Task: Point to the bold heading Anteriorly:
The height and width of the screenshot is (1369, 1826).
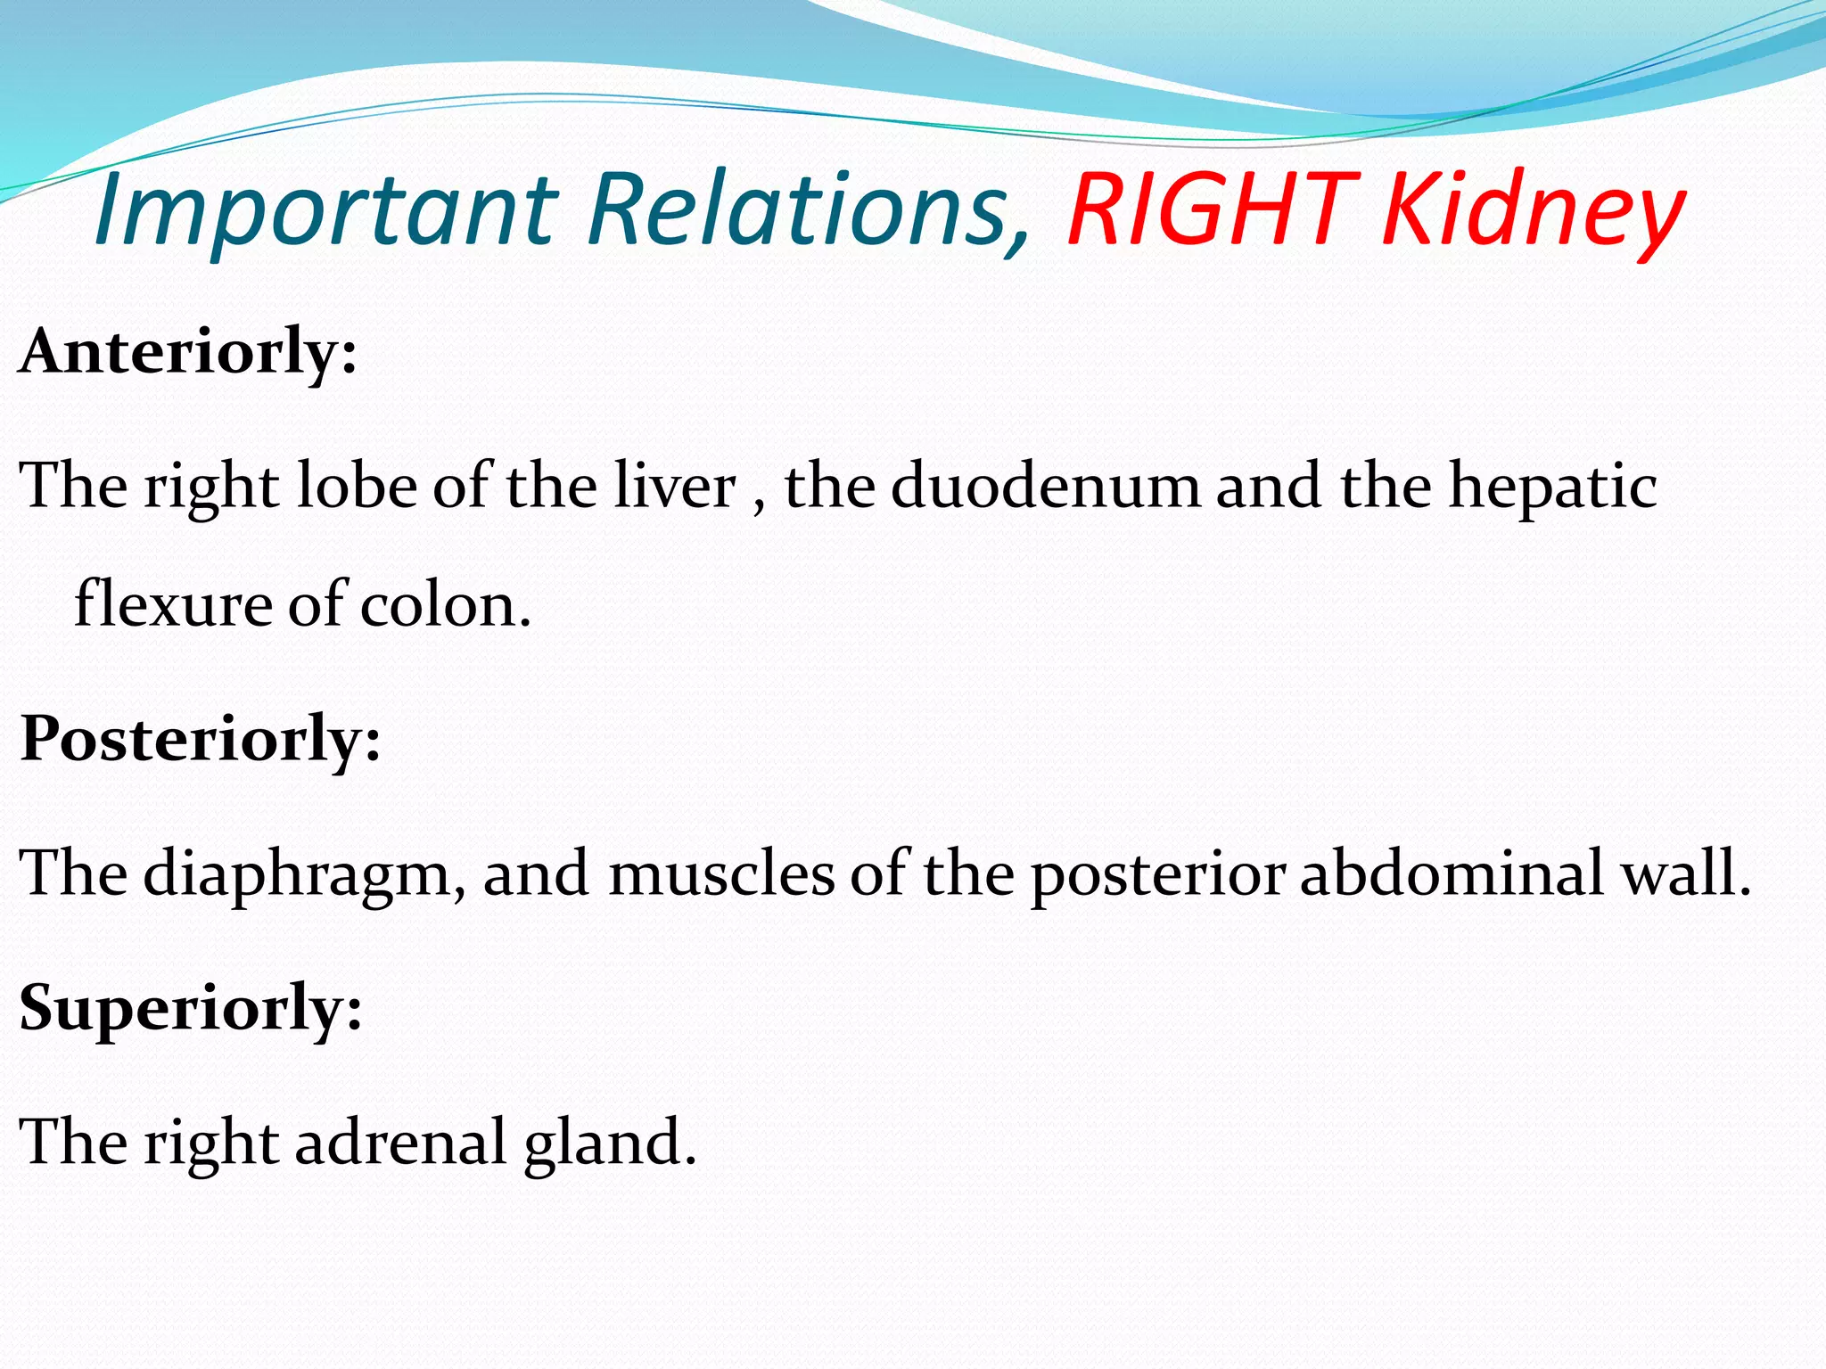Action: click(x=188, y=353)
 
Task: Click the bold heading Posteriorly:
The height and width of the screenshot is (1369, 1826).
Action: click(x=201, y=740)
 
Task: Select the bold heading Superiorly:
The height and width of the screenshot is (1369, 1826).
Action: click(x=191, y=1008)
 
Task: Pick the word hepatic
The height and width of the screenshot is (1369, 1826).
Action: click(x=1551, y=488)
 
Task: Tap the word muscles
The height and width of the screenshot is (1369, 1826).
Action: click(x=721, y=873)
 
